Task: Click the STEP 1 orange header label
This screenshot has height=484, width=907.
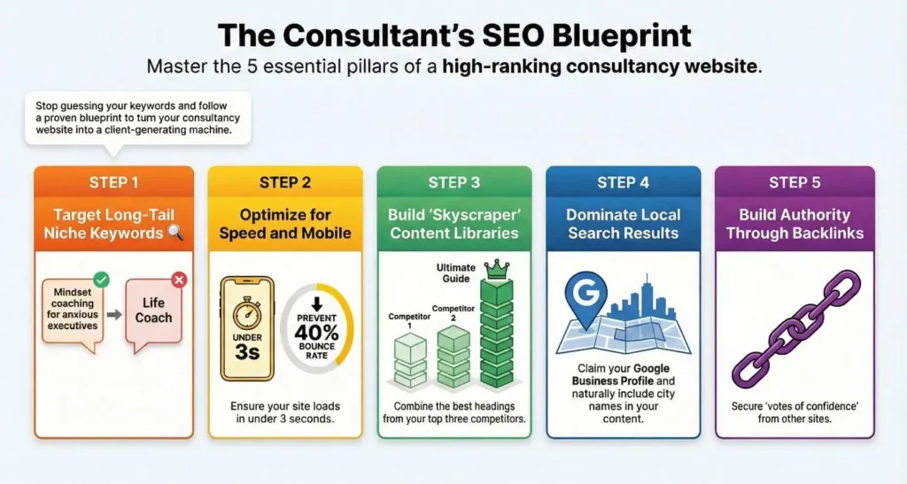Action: tap(113, 183)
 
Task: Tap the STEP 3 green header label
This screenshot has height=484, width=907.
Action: tap(453, 183)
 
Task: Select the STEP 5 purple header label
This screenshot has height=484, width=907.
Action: tap(795, 183)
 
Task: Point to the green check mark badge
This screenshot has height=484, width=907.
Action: tap(101, 280)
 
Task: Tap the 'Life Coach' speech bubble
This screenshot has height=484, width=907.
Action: tap(154, 311)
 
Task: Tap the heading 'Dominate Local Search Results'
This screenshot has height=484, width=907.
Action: tap(624, 225)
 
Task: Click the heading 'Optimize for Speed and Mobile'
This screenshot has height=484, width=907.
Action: tap(284, 225)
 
